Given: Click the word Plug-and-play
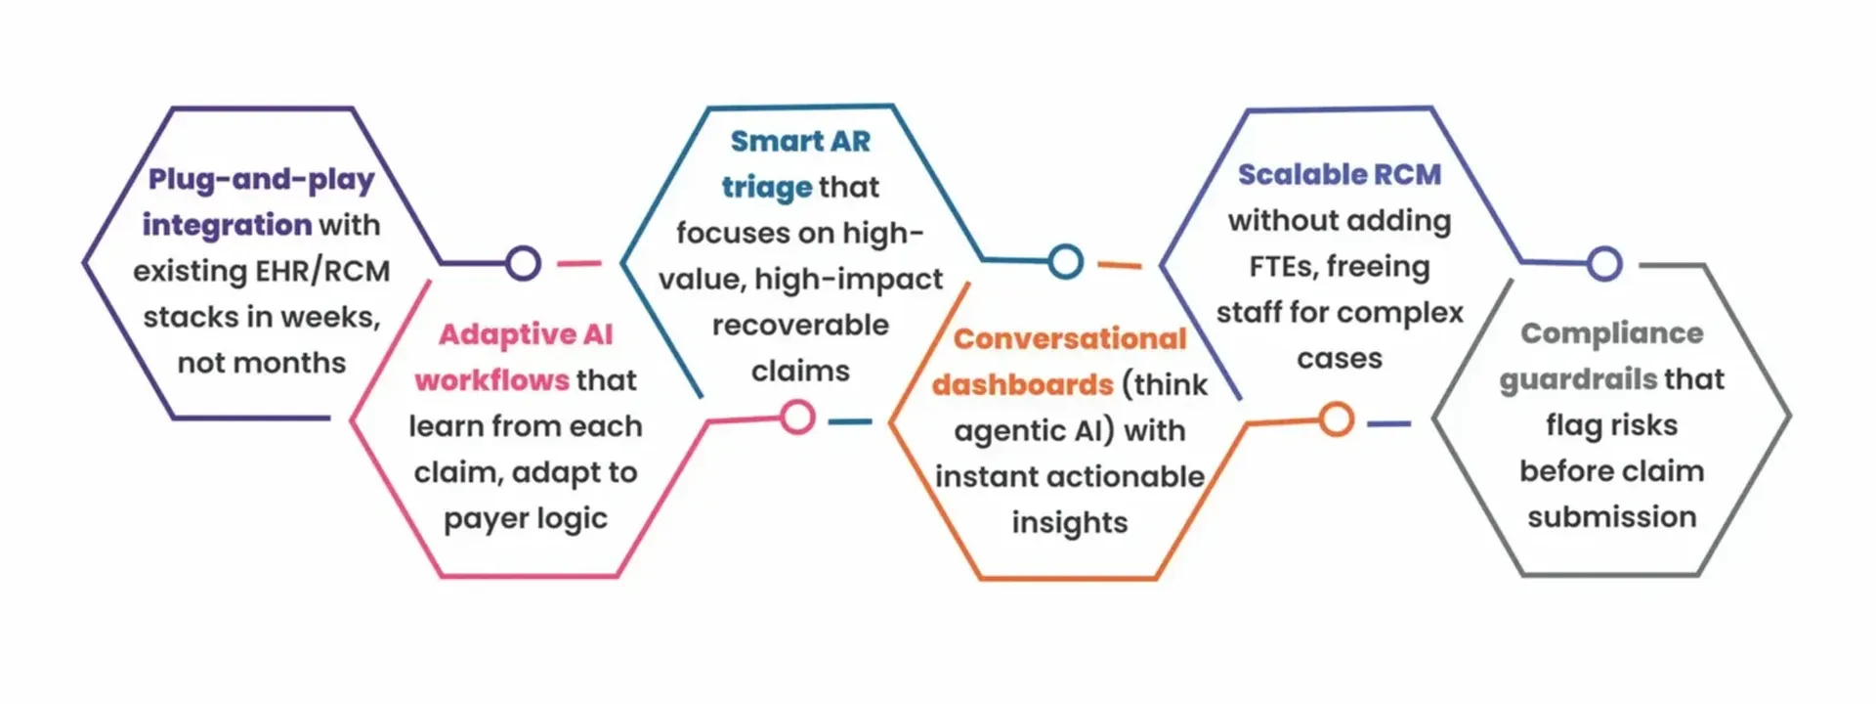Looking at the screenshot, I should point(261,180).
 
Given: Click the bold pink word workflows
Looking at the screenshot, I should point(491,380).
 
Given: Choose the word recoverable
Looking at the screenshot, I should point(800,326).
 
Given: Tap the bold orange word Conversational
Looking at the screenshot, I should point(1070,339).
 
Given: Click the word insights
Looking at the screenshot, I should point(1070,523).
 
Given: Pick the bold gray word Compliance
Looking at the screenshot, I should point(1611,333).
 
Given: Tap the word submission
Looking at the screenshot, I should point(1611,517).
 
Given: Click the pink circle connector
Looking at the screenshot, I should point(797,418).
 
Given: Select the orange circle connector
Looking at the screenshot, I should point(1336,419).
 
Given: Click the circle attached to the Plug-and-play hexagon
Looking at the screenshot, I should point(524,263).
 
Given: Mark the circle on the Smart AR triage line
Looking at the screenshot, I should point(1065,261).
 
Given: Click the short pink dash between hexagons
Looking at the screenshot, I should point(578,263).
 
